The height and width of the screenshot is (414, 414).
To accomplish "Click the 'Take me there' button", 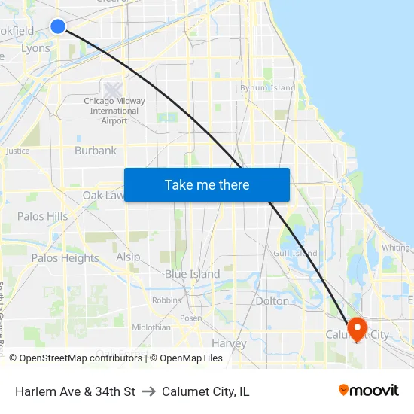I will point(207,184).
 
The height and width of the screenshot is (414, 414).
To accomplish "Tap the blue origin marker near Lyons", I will point(58,26).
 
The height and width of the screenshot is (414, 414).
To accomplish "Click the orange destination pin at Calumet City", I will point(356,327).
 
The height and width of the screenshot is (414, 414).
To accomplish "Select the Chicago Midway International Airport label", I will point(114,111).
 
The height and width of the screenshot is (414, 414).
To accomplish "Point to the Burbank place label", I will point(96,151).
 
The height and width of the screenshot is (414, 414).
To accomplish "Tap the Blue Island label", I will point(193,274).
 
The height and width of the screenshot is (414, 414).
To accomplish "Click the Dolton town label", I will point(272,301).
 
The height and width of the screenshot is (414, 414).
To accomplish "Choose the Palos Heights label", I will point(65,258).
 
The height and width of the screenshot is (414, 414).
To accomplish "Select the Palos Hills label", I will point(42,216).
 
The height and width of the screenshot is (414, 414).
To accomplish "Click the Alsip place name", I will point(128,257).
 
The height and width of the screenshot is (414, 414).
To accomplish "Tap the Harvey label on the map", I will point(229,343).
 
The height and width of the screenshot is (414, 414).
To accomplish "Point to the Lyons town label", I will point(35,48).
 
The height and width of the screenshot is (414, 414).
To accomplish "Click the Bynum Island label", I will point(268,88).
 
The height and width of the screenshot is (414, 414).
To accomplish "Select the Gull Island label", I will point(295,254).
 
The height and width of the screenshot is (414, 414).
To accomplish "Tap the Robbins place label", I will point(166,300).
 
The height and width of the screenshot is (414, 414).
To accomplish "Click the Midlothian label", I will point(151,327).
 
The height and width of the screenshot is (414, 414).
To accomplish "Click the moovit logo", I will point(368,390).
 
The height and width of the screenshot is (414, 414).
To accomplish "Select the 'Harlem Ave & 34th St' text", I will point(75,391).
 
